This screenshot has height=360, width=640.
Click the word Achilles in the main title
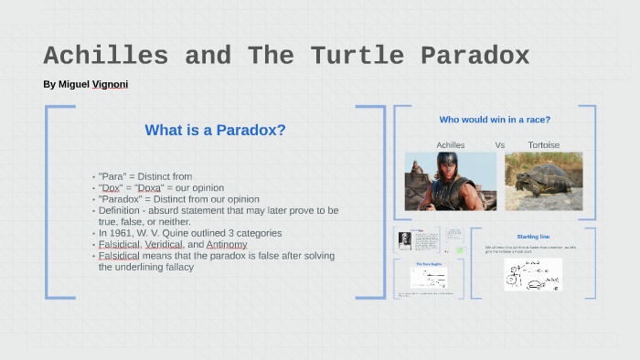pos(106,56)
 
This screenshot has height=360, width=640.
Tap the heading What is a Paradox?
pos(215,130)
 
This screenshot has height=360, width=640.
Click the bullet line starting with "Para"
pos(144,176)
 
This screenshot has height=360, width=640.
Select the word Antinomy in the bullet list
pos(226,245)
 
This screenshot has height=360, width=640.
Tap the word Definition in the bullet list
pos(120,210)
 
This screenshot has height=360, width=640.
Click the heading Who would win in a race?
pos(495,120)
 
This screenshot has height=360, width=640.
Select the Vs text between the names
pos(500,144)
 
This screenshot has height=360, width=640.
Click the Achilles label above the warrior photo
pos(451,144)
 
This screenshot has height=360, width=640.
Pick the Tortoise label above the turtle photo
pos(544,144)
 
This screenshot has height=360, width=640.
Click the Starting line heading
pos(532,236)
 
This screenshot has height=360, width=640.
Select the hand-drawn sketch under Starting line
pos(532,274)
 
